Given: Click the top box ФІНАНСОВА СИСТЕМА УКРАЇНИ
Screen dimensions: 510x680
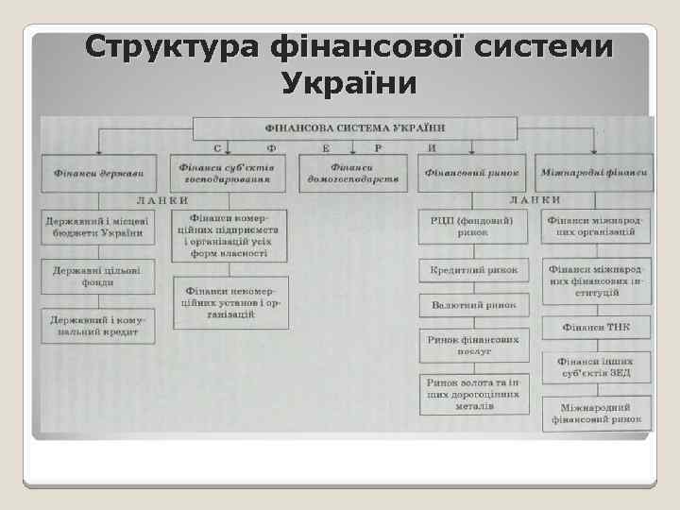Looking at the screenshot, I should pos(355,127).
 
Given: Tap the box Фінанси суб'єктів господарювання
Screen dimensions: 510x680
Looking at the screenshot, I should pos(230,171).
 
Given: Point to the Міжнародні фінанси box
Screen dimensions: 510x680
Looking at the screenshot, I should pos(594,173).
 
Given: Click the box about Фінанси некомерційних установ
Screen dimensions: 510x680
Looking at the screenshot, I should pos(230,302).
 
